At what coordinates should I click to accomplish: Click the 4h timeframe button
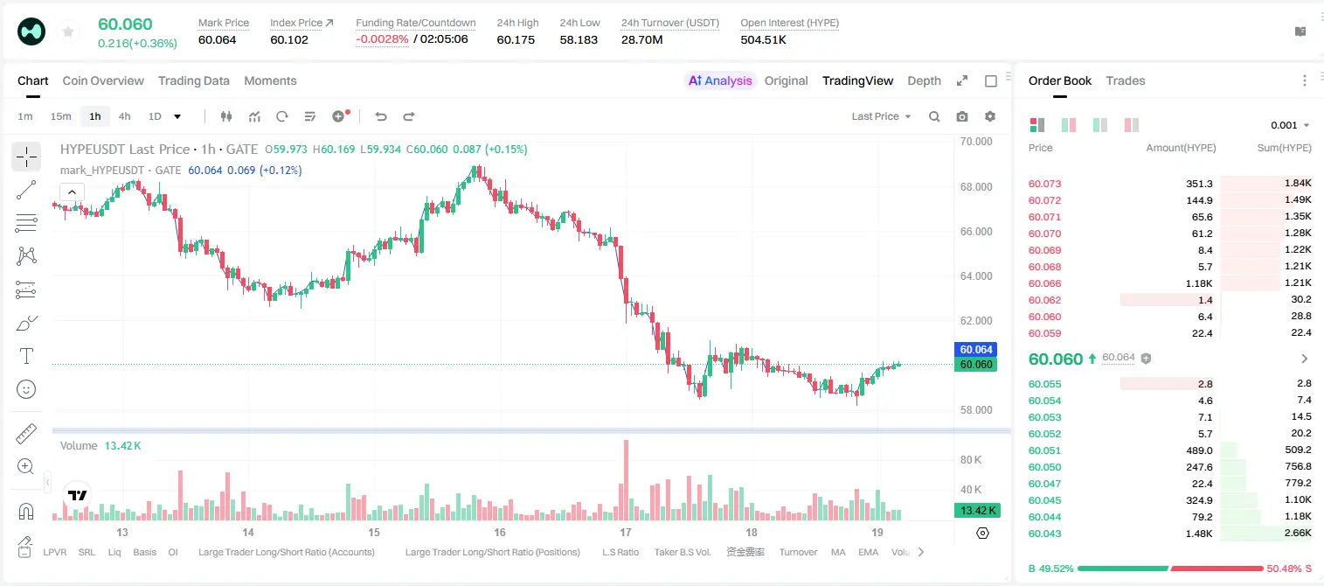pyautogui.click(x=124, y=116)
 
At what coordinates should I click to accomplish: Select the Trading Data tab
pyautogui.click(x=194, y=80)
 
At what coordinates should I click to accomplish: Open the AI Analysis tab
pyautogui.click(x=720, y=80)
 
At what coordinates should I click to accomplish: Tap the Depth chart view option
pyautogui.click(x=924, y=80)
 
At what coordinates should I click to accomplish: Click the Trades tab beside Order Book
pyautogui.click(x=1126, y=80)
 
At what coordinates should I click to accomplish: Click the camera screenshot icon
pyautogui.click(x=962, y=116)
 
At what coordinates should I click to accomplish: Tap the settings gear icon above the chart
pyautogui.click(x=990, y=116)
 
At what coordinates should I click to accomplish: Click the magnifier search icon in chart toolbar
pyautogui.click(x=934, y=116)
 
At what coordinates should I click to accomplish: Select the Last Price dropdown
pyautogui.click(x=881, y=116)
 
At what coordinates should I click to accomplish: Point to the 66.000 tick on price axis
pyautogui.click(x=976, y=231)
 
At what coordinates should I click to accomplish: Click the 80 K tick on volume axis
pyautogui.click(x=971, y=459)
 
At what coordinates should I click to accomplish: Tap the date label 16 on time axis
pyautogui.click(x=500, y=532)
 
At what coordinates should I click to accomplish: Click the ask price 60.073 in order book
pyautogui.click(x=1044, y=184)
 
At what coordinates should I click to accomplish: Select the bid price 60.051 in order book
pyautogui.click(x=1044, y=450)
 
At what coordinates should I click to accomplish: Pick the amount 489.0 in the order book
pyautogui.click(x=1199, y=450)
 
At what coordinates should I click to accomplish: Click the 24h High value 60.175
pyautogui.click(x=516, y=39)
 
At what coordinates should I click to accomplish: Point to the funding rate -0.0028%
pyautogui.click(x=382, y=39)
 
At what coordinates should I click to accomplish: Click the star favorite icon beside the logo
pyautogui.click(x=68, y=31)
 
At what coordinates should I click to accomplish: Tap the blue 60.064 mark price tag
pyautogui.click(x=976, y=350)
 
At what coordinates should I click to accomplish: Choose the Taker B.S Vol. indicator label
pyautogui.click(x=682, y=552)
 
